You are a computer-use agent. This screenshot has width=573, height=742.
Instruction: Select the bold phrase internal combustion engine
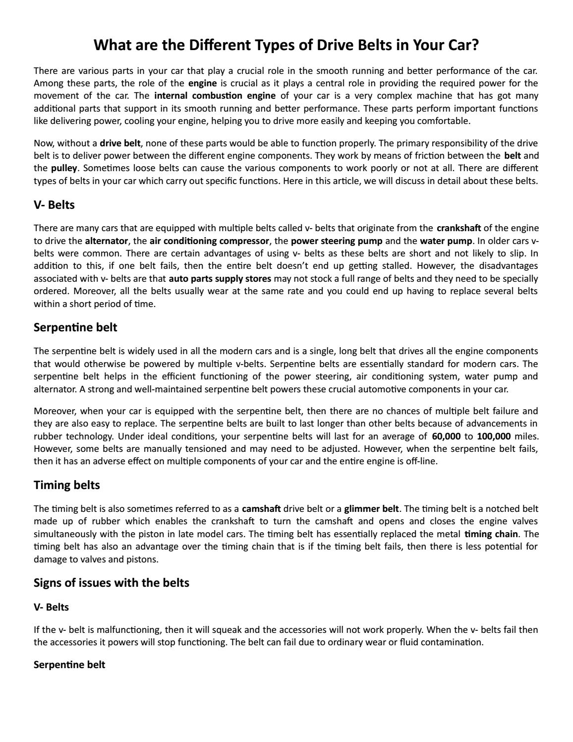click(x=215, y=96)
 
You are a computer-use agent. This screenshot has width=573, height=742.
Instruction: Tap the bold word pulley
click(x=64, y=168)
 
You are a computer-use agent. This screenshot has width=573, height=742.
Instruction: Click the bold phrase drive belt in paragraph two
click(x=120, y=143)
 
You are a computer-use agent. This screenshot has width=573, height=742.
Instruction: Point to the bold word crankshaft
click(x=458, y=228)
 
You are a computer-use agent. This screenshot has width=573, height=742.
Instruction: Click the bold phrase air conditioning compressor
click(x=209, y=241)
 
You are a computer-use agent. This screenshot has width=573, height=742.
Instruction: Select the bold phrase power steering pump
click(x=337, y=241)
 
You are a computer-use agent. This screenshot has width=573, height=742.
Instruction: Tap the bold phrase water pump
click(x=446, y=241)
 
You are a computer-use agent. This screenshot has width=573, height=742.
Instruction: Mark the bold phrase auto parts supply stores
click(x=220, y=279)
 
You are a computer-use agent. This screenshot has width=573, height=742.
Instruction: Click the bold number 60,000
click(x=446, y=436)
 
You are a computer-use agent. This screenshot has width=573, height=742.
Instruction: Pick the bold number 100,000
click(x=494, y=436)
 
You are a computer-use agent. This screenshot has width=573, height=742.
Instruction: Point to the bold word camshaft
click(x=261, y=509)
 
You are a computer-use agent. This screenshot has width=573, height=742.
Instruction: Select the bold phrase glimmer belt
click(x=371, y=509)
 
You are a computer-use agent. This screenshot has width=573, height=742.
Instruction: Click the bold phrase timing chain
click(x=491, y=534)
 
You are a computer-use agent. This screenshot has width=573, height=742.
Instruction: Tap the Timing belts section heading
click(x=67, y=485)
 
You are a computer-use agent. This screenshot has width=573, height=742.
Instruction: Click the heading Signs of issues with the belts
click(x=112, y=583)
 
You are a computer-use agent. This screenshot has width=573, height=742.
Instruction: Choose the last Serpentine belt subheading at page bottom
click(x=69, y=665)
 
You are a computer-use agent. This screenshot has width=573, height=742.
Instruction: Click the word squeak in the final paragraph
click(x=227, y=630)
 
